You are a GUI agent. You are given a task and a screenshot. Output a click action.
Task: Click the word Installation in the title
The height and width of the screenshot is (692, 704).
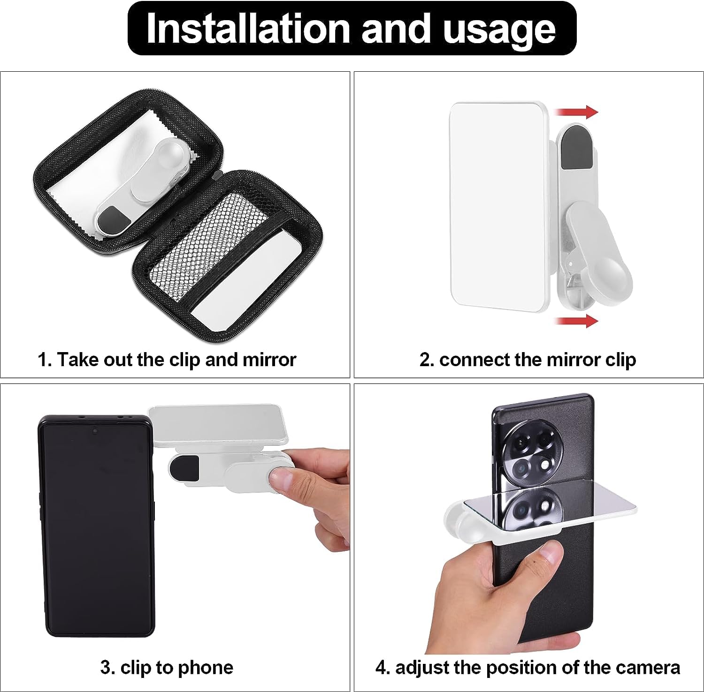pos(249,28)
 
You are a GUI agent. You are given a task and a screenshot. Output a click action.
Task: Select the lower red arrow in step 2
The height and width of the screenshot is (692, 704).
pos(576,321)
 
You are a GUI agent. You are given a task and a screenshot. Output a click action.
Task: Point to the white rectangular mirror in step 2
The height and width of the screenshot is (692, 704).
pos(497,206)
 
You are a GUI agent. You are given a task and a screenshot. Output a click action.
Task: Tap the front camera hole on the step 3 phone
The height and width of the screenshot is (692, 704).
pos(95,430)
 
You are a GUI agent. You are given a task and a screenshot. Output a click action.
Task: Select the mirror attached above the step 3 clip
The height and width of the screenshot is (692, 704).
pos(218,424)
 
